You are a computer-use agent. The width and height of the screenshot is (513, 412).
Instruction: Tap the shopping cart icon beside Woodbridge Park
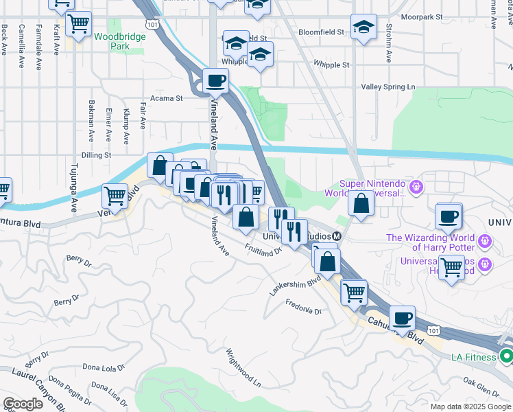79,24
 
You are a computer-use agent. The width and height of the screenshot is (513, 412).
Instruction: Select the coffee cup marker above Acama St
215,81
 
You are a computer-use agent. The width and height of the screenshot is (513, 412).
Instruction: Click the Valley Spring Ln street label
388,87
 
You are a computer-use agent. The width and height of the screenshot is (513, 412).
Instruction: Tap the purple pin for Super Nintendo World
415,186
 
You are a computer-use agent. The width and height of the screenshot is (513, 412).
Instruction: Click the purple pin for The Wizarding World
484,241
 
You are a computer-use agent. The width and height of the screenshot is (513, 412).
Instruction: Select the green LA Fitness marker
506,356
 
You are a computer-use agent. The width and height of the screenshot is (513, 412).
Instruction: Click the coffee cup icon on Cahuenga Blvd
403,318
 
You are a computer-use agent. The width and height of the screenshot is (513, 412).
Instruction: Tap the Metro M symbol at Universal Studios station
338,236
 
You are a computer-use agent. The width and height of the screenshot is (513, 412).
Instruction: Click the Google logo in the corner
23,403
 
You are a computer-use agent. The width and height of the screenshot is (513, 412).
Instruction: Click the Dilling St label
96,155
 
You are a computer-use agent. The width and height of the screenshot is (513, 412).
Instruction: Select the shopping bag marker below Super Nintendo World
361,203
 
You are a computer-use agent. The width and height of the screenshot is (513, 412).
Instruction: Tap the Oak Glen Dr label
480,387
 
